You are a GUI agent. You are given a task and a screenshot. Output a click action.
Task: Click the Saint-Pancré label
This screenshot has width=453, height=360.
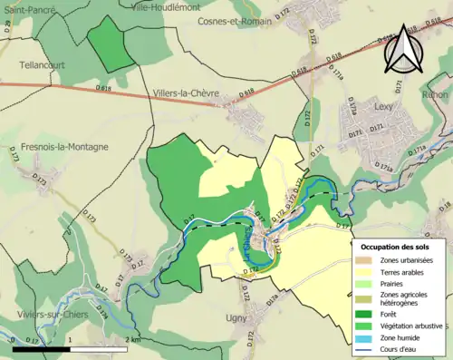pos(28,9)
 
